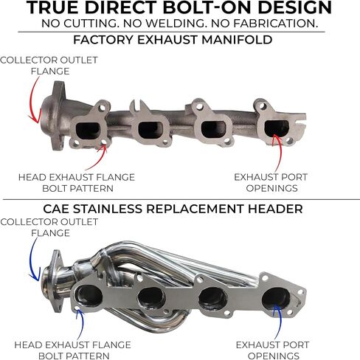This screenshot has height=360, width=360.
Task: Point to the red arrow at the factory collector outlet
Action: tap(33, 100)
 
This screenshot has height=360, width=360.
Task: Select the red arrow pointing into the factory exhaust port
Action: tap(278, 153)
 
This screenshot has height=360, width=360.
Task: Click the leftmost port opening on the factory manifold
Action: tap(88, 130)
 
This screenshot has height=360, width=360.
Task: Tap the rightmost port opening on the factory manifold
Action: tap(277, 128)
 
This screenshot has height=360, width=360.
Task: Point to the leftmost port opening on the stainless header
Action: tap(89, 296)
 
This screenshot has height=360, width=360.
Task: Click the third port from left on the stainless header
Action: tap(212, 299)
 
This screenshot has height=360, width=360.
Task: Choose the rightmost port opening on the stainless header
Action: tap(276, 300)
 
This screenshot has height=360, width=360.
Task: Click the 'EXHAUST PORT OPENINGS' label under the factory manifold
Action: tap(271, 183)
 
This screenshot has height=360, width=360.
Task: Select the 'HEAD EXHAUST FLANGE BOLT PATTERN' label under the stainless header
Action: tap(73, 350)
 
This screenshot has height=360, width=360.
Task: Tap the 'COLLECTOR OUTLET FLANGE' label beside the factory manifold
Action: tap(49, 66)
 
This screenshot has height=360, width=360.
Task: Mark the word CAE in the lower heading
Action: tap(56, 209)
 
